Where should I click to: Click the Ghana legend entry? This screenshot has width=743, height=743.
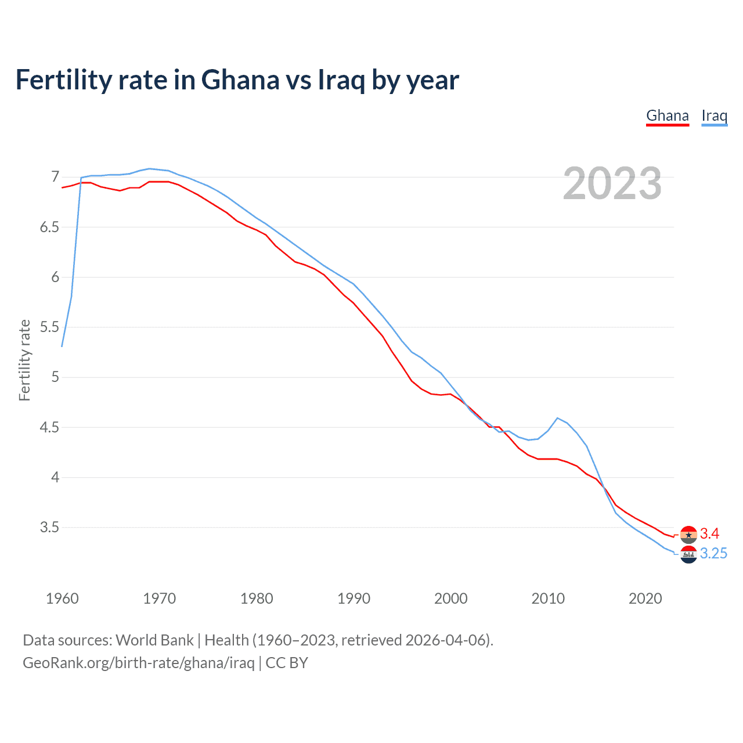tap(668, 116)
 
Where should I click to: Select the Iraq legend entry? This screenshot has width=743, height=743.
tap(714, 116)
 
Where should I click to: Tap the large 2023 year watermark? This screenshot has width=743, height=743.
tap(612, 183)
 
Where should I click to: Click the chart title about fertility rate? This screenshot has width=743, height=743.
tap(237, 80)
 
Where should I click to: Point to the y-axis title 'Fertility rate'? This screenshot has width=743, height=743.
tap(24, 360)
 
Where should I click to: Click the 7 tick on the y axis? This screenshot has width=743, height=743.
tap(55, 176)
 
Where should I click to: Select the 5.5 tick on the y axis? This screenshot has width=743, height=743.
tap(49, 327)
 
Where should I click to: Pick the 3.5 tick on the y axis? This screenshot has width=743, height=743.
tap(49, 528)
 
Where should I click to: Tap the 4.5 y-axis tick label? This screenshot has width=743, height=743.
tap(49, 428)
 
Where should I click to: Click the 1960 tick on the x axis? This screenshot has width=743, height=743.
tap(62, 598)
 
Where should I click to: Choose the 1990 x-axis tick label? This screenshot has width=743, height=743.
tap(354, 598)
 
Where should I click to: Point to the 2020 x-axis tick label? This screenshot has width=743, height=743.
tap(645, 598)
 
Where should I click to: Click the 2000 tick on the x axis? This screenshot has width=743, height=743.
tap(450, 598)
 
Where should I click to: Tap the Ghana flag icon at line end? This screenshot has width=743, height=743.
tap(688, 535)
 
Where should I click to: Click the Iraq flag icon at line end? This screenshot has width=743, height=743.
tap(688, 554)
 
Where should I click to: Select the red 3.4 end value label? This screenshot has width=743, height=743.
tap(709, 534)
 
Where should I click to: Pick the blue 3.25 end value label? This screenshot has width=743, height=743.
tap(713, 554)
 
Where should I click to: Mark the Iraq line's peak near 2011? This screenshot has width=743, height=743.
tap(557, 418)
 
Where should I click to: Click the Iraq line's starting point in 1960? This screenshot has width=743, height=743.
tap(62, 346)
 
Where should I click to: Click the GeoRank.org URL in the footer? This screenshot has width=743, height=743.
tap(138, 663)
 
